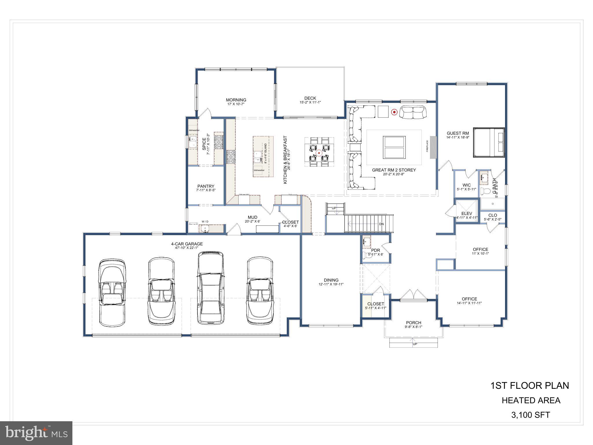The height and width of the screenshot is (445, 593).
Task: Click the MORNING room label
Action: click(x=236, y=100)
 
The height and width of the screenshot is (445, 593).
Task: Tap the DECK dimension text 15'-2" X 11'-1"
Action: click(x=310, y=102)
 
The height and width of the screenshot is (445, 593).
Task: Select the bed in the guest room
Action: click(x=489, y=142)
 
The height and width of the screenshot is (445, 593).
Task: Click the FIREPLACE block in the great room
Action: click(x=433, y=147)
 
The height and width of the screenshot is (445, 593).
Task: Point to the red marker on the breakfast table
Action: click(x=319, y=153)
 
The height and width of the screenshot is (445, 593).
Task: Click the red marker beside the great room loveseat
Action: click(x=394, y=112)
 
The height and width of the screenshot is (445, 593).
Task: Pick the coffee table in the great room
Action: click(x=394, y=147)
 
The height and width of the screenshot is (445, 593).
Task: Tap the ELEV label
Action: click(x=467, y=214)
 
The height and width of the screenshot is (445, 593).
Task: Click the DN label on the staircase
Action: click(x=382, y=224)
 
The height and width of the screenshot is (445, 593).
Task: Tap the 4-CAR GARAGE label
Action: click(x=187, y=244)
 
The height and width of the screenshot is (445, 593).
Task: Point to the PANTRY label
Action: click(x=206, y=186)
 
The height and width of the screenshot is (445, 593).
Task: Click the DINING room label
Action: click(x=331, y=280)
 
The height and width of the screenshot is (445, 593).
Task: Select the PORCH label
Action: click(x=413, y=323)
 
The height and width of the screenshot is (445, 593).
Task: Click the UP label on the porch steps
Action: click(x=415, y=344)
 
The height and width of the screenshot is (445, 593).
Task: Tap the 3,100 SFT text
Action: click(x=530, y=415)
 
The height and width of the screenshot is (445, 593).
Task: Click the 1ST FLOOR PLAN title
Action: click(x=530, y=386)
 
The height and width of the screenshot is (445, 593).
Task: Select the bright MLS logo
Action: click(x=36, y=433)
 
